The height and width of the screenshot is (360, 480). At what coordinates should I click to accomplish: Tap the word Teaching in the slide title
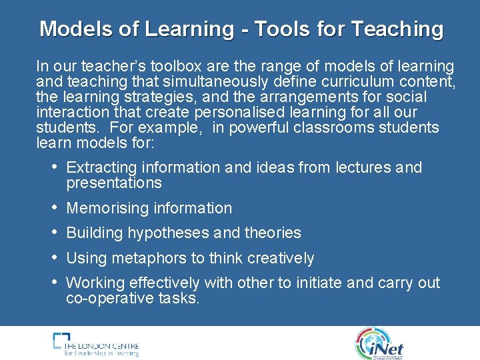(x=397, y=29)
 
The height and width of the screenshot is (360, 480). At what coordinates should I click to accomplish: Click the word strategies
(x=151, y=97)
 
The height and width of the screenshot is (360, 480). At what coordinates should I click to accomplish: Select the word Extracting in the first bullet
(x=101, y=167)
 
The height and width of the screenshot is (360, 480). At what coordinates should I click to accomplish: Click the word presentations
(x=114, y=183)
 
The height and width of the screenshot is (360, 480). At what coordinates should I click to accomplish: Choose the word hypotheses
(x=168, y=233)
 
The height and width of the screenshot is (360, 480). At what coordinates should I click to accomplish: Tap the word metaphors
(x=145, y=258)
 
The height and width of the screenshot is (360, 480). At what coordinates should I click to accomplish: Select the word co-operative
(x=105, y=298)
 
